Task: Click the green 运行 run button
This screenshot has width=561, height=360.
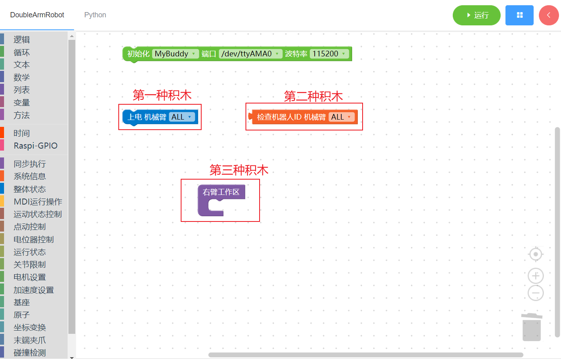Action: [x=476, y=15]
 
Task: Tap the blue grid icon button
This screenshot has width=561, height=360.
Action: [x=519, y=15]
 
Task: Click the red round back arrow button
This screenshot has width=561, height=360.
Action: [x=549, y=15]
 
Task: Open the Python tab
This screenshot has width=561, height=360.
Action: [x=95, y=15]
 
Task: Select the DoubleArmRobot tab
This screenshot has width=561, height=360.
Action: [x=37, y=15]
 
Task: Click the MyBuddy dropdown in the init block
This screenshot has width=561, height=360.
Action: [x=175, y=54]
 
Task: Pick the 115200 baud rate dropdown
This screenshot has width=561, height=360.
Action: [x=329, y=54]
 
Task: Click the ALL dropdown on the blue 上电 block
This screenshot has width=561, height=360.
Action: [x=181, y=117]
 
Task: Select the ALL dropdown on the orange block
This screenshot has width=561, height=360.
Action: [x=341, y=117]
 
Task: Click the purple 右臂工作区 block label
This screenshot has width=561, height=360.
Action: [x=221, y=192]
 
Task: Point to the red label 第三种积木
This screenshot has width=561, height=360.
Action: [x=239, y=170]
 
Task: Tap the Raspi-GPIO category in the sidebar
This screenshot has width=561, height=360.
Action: [x=35, y=146]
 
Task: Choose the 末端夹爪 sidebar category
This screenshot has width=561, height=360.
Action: [x=30, y=340]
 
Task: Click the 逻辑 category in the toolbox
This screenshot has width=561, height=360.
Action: [x=22, y=39]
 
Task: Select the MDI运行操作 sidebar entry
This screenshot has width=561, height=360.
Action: [x=38, y=202]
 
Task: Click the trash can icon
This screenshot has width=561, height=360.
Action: [x=532, y=327]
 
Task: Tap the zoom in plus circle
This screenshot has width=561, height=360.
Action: [x=536, y=276]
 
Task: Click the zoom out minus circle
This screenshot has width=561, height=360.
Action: [x=536, y=293]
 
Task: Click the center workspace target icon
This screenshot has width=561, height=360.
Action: [x=536, y=254]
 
